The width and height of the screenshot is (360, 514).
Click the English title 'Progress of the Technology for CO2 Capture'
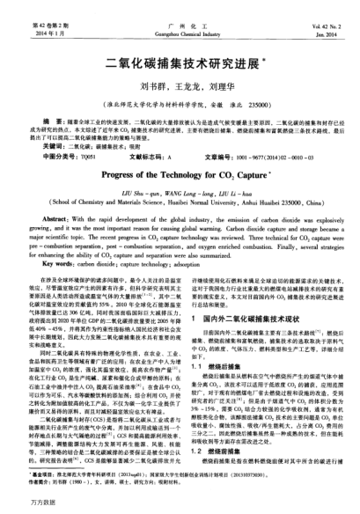tap(179, 174)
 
